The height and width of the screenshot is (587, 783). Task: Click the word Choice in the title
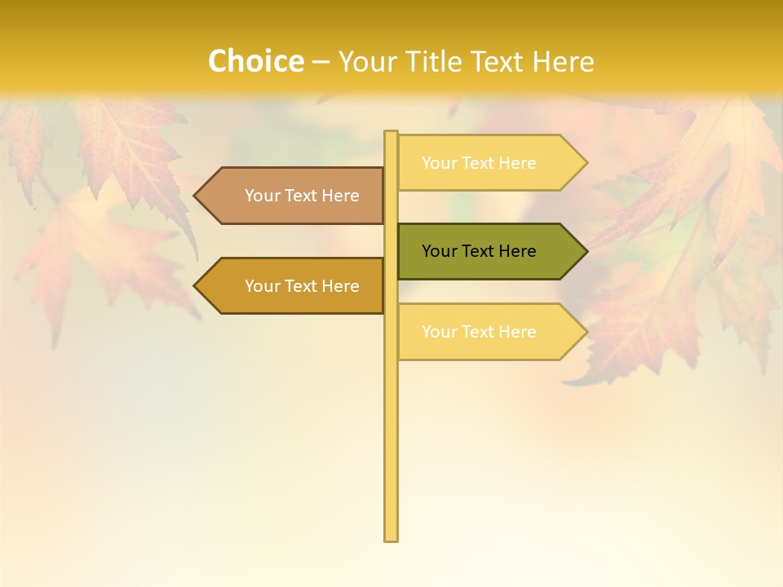point(255,61)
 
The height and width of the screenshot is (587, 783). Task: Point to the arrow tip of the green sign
point(585,251)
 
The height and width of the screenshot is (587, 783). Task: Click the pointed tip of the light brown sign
point(197,196)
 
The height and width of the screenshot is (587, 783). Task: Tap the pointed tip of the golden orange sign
point(197,285)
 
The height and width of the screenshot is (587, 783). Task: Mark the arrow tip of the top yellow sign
point(585,162)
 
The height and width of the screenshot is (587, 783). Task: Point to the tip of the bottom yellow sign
point(585,331)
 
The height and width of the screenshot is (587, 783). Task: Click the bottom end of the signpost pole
point(391,537)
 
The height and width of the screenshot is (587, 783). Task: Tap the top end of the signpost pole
point(391,134)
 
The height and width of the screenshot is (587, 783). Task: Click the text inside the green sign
point(479,251)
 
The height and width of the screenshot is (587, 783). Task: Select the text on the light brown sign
point(302,196)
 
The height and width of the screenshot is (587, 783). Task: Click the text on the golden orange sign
point(302,286)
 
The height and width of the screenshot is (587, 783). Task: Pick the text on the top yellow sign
point(479,163)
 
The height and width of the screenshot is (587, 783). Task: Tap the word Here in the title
point(563,61)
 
